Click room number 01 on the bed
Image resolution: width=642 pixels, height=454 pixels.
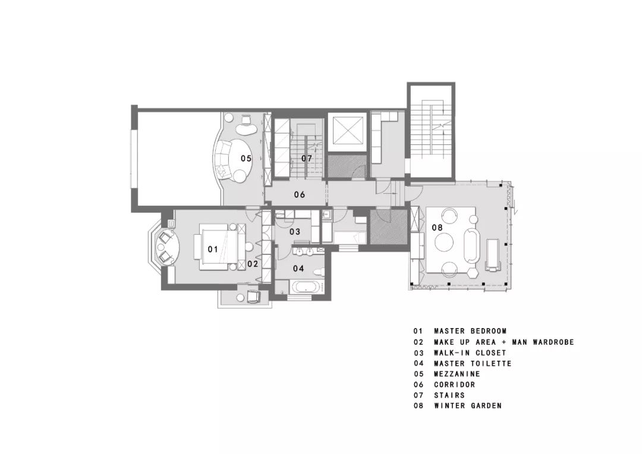(212, 249)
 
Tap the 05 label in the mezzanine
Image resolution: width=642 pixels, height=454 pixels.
(246, 159)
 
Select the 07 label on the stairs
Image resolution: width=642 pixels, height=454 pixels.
(307, 159)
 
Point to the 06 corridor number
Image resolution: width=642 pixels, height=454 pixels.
(300, 194)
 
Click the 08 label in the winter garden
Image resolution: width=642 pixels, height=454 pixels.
(438, 227)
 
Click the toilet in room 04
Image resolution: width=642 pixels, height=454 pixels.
(318, 272)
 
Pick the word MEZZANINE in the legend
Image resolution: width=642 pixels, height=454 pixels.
(457, 374)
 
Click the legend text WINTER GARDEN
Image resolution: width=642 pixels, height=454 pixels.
(468, 406)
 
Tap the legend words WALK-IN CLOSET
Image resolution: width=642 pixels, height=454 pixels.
(470, 352)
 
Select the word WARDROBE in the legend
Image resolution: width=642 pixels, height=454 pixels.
(553, 342)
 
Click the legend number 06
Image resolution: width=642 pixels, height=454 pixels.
(418, 384)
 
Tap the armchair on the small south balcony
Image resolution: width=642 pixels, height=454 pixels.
(253, 297)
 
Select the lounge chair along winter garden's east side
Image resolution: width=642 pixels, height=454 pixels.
(493, 255)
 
